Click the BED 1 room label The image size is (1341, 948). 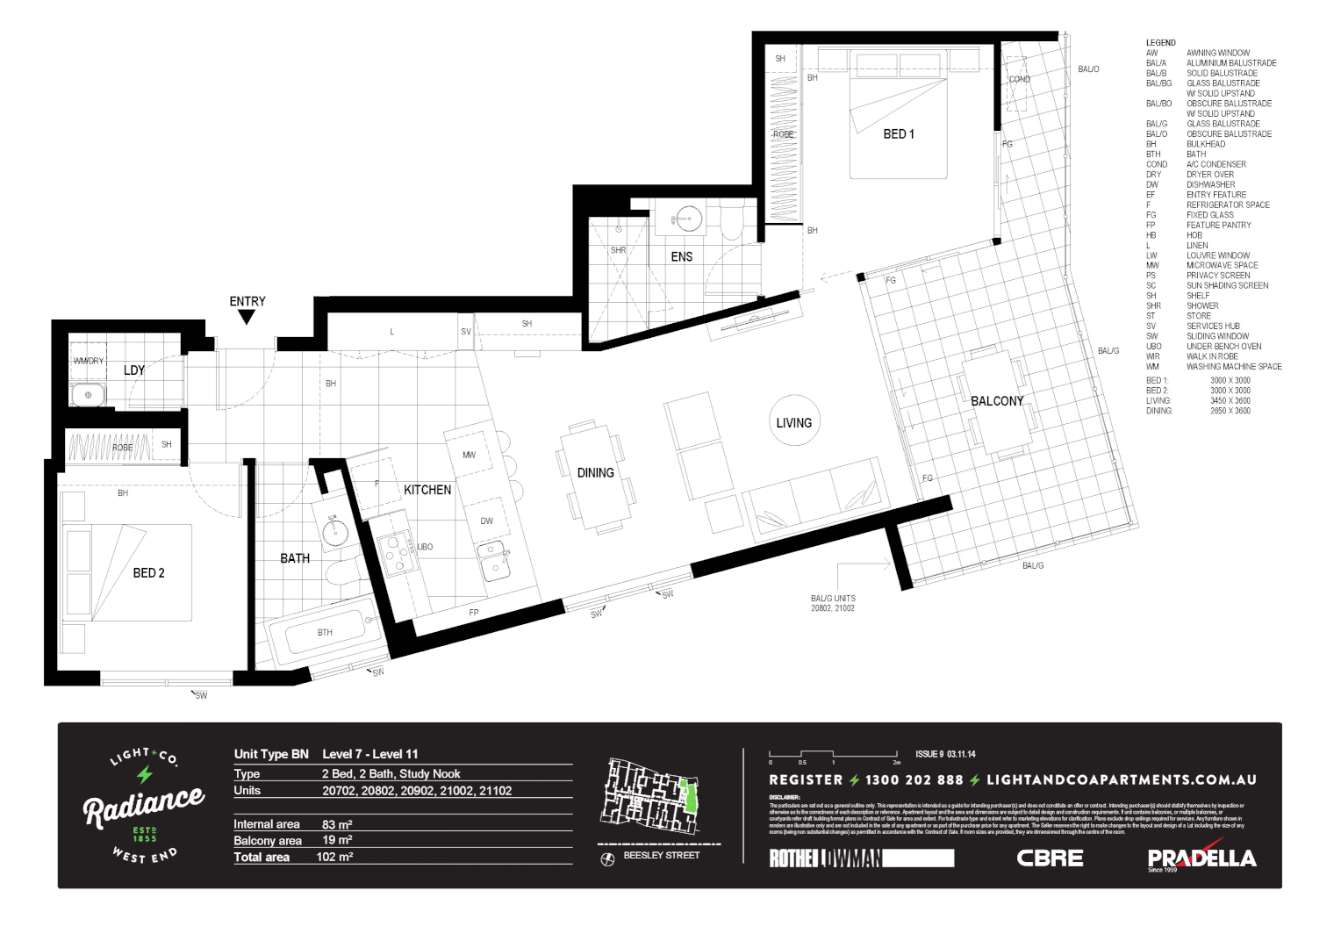898,134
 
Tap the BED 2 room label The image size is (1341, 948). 148,573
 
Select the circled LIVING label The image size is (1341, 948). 793,422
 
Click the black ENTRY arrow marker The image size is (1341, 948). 247,317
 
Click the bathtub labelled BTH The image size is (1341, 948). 325,632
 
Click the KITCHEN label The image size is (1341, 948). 427,490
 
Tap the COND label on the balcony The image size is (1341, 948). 1019,79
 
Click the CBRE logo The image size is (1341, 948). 1050,858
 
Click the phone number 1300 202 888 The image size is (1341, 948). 914,779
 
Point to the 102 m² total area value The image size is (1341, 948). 334,857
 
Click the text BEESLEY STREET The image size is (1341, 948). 661,855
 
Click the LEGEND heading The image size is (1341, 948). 1160,42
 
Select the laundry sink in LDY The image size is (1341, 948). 88,395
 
